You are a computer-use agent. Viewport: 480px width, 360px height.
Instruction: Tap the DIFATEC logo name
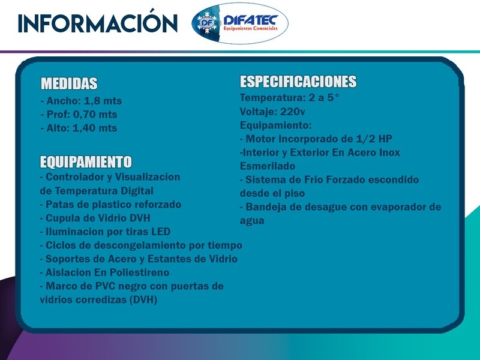pyautogui.click(x=251, y=20)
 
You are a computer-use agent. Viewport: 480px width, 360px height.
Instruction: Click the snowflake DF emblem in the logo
pyautogui.click(x=207, y=22)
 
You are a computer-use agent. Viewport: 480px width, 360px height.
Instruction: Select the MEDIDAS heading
pyautogui.click(x=69, y=83)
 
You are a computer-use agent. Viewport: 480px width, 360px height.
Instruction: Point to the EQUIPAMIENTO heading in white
pyautogui.click(x=86, y=162)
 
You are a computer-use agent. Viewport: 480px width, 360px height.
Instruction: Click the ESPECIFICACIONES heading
pyautogui.click(x=298, y=82)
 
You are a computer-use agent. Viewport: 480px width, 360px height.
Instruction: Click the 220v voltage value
pyautogui.click(x=293, y=112)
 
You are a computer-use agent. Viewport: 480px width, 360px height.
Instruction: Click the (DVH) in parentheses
pyautogui.click(x=143, y=299)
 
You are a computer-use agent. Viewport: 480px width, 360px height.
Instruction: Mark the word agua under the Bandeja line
pyautogui.click(x=252, y=221)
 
